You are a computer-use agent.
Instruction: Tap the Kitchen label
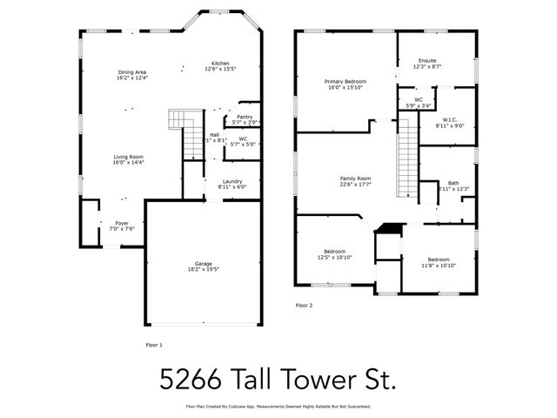click(219, 65)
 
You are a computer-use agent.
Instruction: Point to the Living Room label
click(128, 159)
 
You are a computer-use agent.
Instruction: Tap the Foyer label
click(122, 226)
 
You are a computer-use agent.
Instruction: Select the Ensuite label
click(427, 64)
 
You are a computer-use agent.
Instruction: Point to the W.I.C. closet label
click(449, 123)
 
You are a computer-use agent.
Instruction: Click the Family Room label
click(355, 180)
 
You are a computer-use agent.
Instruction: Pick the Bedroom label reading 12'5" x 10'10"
click(335, 254)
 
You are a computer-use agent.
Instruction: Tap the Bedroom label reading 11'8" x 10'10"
click(438, 261)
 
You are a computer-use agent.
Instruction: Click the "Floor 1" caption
click(154, 346)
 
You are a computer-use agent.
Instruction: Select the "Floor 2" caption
click(304, 305)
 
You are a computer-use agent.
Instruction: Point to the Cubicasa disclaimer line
click(278, 407)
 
